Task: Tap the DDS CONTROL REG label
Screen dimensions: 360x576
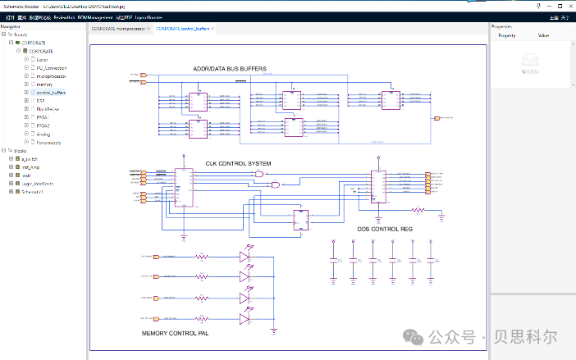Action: [x=384, y=229]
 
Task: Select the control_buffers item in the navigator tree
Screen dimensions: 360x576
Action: [x=51, y=93]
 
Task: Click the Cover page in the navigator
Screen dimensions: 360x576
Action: [x=42, y=60]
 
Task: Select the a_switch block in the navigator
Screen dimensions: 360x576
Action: [x=31, y=158]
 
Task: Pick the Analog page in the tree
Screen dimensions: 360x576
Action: [x=43, y=134]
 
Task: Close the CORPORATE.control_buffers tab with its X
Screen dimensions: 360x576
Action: [x=213, y=29]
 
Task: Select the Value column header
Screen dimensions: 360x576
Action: [x=543, y=36]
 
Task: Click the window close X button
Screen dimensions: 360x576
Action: [x=568, y=5]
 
